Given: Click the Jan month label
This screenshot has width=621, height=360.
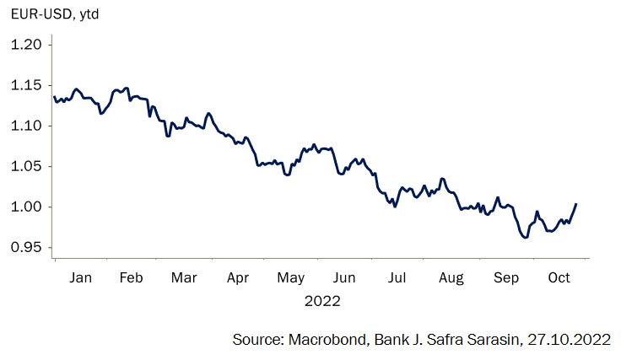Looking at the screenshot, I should coord(80,277).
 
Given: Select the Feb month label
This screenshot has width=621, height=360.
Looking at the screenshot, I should coord(131,277).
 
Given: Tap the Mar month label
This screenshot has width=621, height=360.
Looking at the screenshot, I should coord(183,277).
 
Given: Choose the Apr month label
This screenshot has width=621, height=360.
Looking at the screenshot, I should coord(238,277).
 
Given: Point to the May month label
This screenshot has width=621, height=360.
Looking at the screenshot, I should coord(290,277).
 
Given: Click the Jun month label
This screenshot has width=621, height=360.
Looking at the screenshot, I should coord(344,277).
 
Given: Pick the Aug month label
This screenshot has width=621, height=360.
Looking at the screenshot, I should coord(451,277).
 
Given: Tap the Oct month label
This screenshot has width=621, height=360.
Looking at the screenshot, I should coord(559,277).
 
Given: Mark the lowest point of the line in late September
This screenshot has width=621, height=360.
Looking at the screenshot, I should coord(526,238).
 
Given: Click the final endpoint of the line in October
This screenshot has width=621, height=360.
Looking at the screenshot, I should coord(576,203).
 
